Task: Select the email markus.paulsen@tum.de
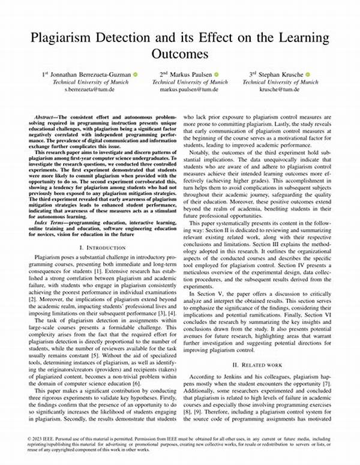[190, 89]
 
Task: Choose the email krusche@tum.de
[280, 89]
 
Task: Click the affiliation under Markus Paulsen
[190, 82]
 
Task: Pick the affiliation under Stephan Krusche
[280, 82]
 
